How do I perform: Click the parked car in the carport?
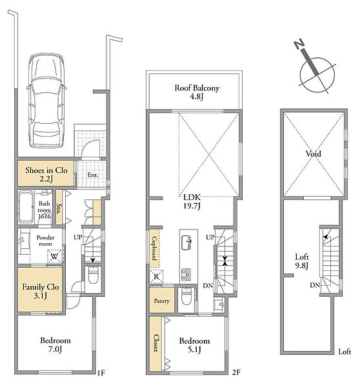pos(46,101)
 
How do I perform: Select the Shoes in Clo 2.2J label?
pos(46,174)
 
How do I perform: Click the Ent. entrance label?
pos(93,175)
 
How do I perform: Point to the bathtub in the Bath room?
pos(26,207)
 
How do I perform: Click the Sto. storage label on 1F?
pos(59,208)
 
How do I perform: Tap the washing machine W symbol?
pos(54,257)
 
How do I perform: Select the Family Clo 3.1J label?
pos(41,291)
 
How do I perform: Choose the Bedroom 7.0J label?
pos(55,344)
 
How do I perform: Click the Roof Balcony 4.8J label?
pos(197,92)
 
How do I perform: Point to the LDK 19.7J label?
pos(192,201)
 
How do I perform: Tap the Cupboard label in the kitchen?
pos(155,248)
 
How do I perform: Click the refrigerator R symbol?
pos(157,277)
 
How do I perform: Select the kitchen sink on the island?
pos(186,243)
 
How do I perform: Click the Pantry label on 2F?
pos(162,301)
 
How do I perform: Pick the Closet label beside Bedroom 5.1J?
pos(156,343)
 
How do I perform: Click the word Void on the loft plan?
pos(314,154)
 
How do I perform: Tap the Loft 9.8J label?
pos(302,261)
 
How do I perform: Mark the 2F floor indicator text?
pos(236,372)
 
